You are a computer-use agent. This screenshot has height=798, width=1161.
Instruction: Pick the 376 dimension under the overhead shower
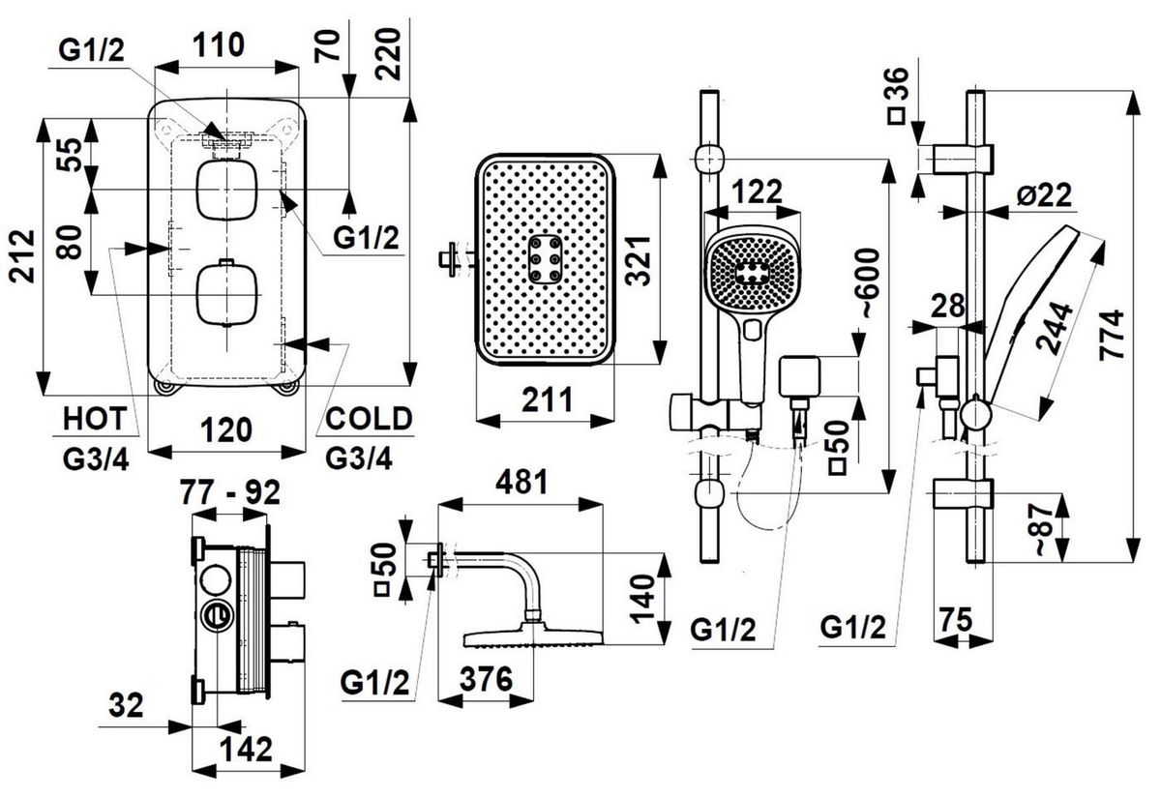[x=486, y=680]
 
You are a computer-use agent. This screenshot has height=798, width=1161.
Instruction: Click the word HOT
[x=94, y=419]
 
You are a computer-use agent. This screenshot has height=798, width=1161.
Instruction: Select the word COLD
[x=368, y=419]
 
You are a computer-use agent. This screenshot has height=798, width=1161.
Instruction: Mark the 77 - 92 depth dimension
[x=230, y=493]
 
